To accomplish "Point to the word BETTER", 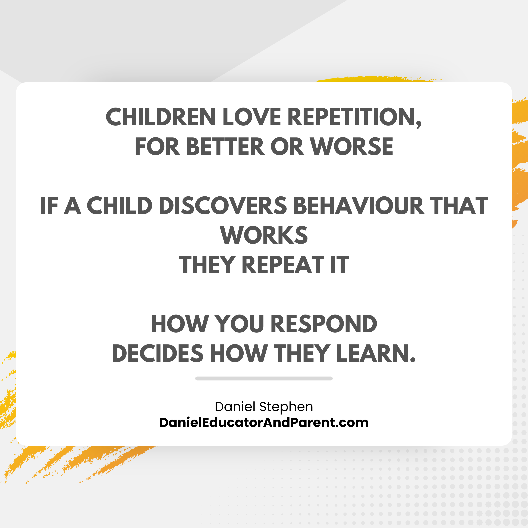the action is (x=226, y=146).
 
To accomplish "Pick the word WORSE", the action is (x=352, y=146).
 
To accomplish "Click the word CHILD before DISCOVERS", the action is (x=120, y=206).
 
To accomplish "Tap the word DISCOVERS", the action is (x=223, y=206).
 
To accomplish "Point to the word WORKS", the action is (x=264, y=235).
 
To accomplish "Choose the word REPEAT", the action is (x=283, y=265).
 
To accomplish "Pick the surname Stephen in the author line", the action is (x=286, y=407).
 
